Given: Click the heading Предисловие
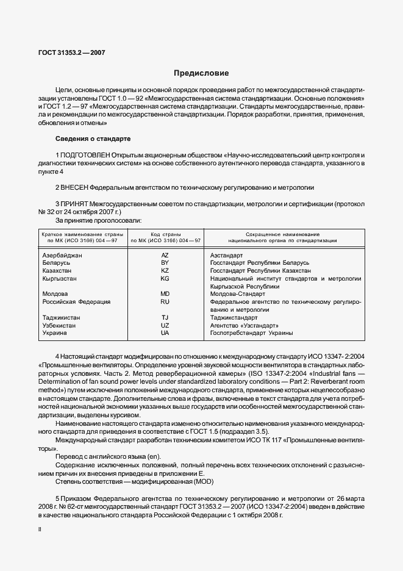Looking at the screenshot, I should (201, 73).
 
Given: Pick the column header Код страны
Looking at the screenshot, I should (165, 234).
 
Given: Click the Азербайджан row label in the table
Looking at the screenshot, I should (62, 254).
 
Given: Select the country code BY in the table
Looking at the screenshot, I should (165, 262).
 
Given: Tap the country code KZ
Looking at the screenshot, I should (165, 270).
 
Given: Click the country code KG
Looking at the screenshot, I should (165, 278).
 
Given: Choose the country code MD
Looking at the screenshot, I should (165, 293).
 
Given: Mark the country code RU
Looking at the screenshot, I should (165, 301).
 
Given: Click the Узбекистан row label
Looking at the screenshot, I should (59, 325).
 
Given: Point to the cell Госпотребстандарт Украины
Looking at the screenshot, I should (251, 333).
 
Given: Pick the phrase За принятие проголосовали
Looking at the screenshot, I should (99, 219).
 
